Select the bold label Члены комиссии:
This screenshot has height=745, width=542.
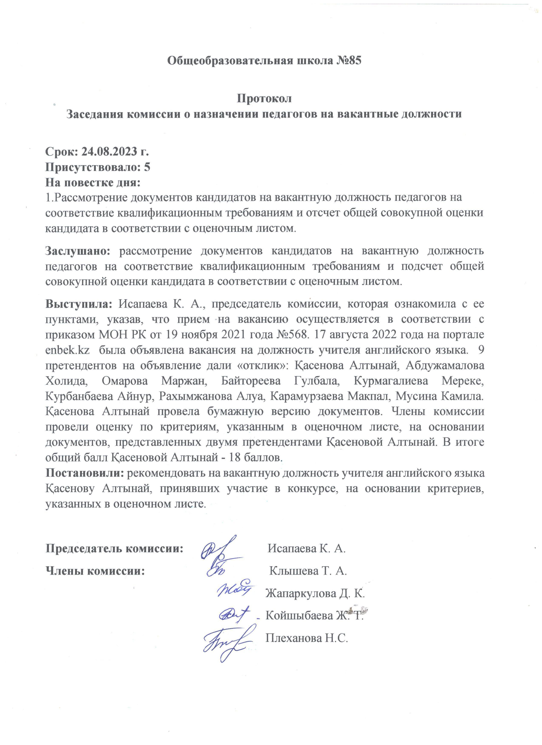click(95, 571)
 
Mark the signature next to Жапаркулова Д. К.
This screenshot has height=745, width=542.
click(235, 590)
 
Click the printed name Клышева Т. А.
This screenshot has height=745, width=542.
click(308, 571)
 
